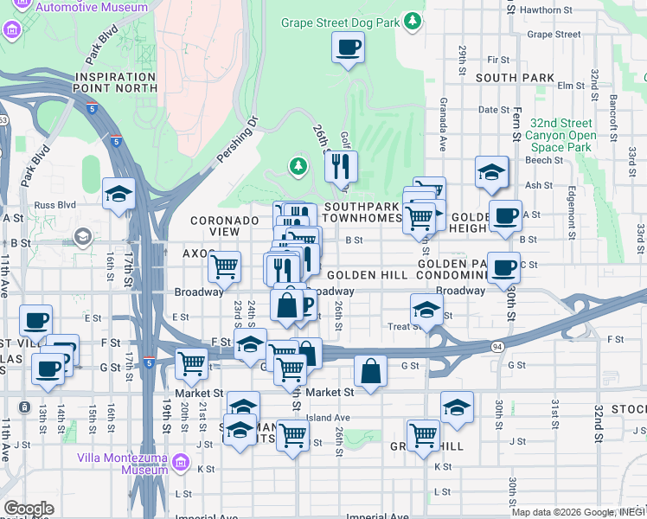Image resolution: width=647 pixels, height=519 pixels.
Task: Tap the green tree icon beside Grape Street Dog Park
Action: coord(413,19)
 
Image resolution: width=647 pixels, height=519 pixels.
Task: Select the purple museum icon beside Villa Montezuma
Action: coord(181,463)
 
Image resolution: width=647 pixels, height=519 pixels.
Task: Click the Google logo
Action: coord(29,509)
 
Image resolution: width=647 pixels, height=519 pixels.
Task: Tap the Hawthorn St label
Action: coord(557,10)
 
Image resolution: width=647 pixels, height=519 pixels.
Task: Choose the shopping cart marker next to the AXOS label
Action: coord(225,266)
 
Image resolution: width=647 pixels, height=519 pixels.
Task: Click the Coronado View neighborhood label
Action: coord(224,227)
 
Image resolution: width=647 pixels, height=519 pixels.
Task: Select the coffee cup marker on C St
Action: coord(503,268)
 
